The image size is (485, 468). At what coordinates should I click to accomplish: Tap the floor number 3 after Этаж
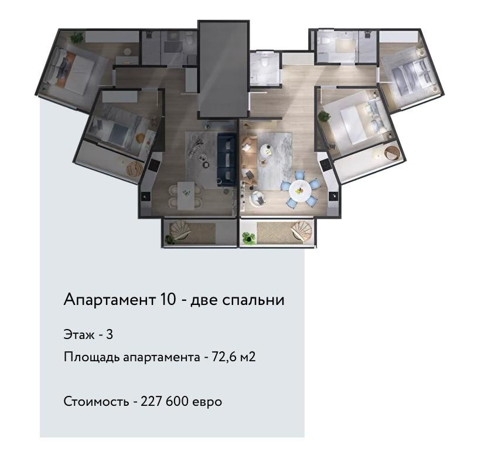tap(110, 335)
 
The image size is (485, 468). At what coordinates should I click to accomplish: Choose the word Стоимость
tap(95, 402)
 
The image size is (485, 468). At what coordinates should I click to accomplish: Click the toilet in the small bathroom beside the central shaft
tap(264, 61)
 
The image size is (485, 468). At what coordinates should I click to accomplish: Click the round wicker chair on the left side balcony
tap(135, 169)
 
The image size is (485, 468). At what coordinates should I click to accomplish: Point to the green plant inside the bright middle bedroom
tap(324, 118)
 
